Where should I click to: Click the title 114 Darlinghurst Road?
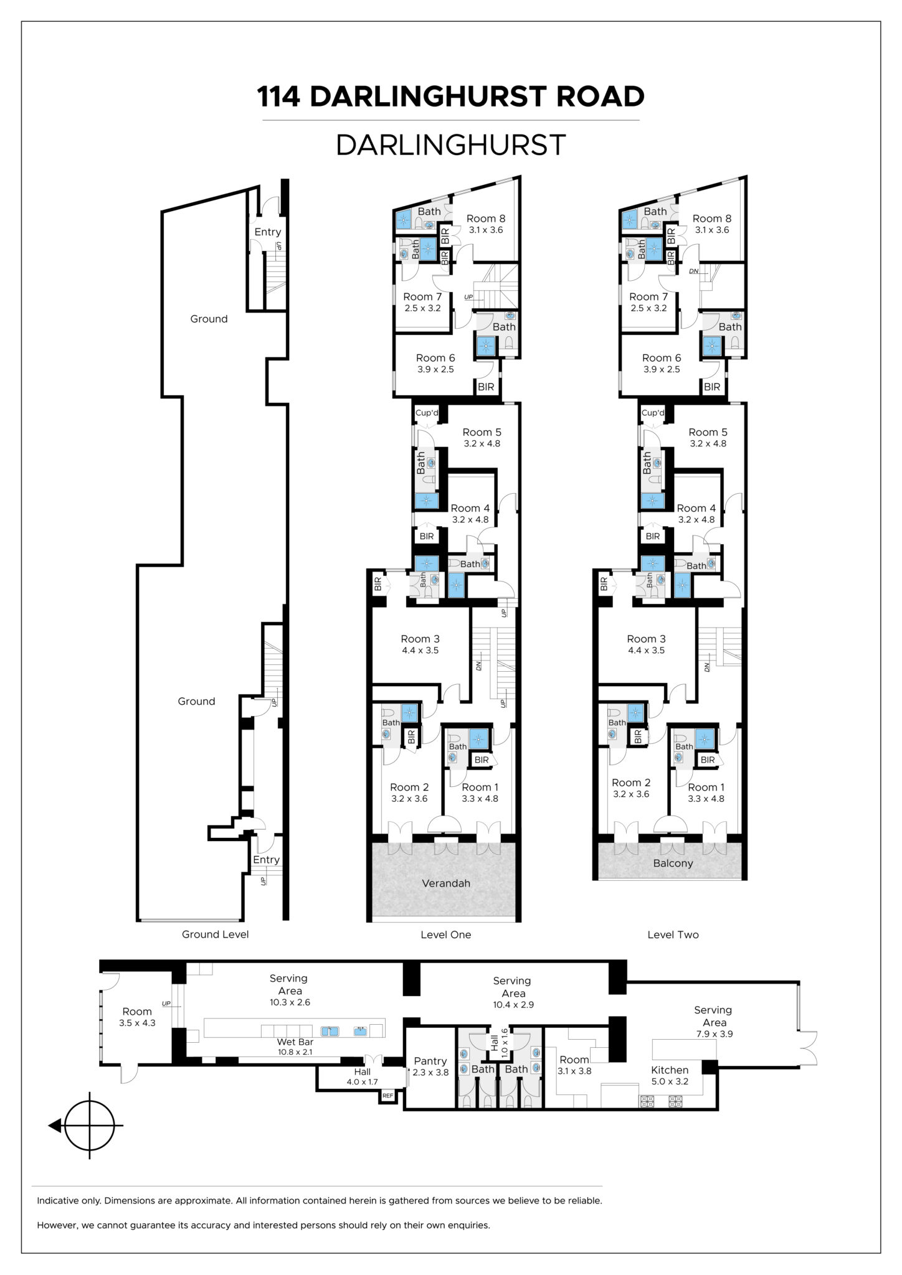[451, 96]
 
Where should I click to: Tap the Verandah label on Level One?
[446, 883]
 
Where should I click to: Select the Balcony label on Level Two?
[673, 863]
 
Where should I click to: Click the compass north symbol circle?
[90, 1125]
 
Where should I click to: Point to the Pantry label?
[430, 1061]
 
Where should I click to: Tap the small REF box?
[387, 1095]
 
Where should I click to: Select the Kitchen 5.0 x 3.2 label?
[670, 1075]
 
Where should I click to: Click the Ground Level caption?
[215, 934]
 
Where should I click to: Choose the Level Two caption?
[673, 934]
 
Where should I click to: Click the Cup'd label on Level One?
[427, 413]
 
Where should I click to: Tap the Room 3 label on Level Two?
[646, 639]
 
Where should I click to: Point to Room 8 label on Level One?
[486, 219]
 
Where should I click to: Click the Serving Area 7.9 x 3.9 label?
[713, 1022]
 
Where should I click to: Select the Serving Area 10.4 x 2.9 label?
[513, 992]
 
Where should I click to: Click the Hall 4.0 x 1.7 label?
[362, 1076]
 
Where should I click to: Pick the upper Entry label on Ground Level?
[268, 232]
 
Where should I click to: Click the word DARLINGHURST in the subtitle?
[451, 145]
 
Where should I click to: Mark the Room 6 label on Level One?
[435, 358]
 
